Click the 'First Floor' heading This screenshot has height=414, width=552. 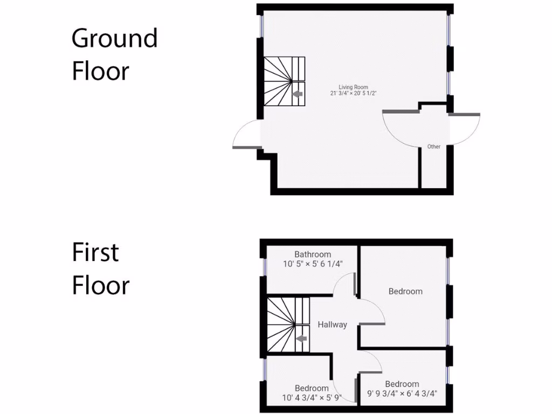pos(101,269)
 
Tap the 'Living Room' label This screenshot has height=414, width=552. pos(353,87)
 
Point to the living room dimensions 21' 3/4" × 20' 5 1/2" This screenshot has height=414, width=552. pos(353,93)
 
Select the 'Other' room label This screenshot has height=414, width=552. pos(433,147)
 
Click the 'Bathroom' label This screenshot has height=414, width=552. pos(313,254)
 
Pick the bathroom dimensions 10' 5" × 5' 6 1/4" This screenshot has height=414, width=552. pos(313,264)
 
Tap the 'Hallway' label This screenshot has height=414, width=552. pos(332,325)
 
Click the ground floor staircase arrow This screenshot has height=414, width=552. pos(296,95)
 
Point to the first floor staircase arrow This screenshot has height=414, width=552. pos(301,339)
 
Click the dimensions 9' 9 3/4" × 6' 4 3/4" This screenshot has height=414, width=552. pos(402,394)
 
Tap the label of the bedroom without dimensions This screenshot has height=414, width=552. pos(405,291)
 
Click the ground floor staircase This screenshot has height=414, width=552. pos(284,81)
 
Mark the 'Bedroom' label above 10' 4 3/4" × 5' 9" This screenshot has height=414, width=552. pos(312,388)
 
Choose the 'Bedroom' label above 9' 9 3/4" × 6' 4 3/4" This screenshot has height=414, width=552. pos(402,384)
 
